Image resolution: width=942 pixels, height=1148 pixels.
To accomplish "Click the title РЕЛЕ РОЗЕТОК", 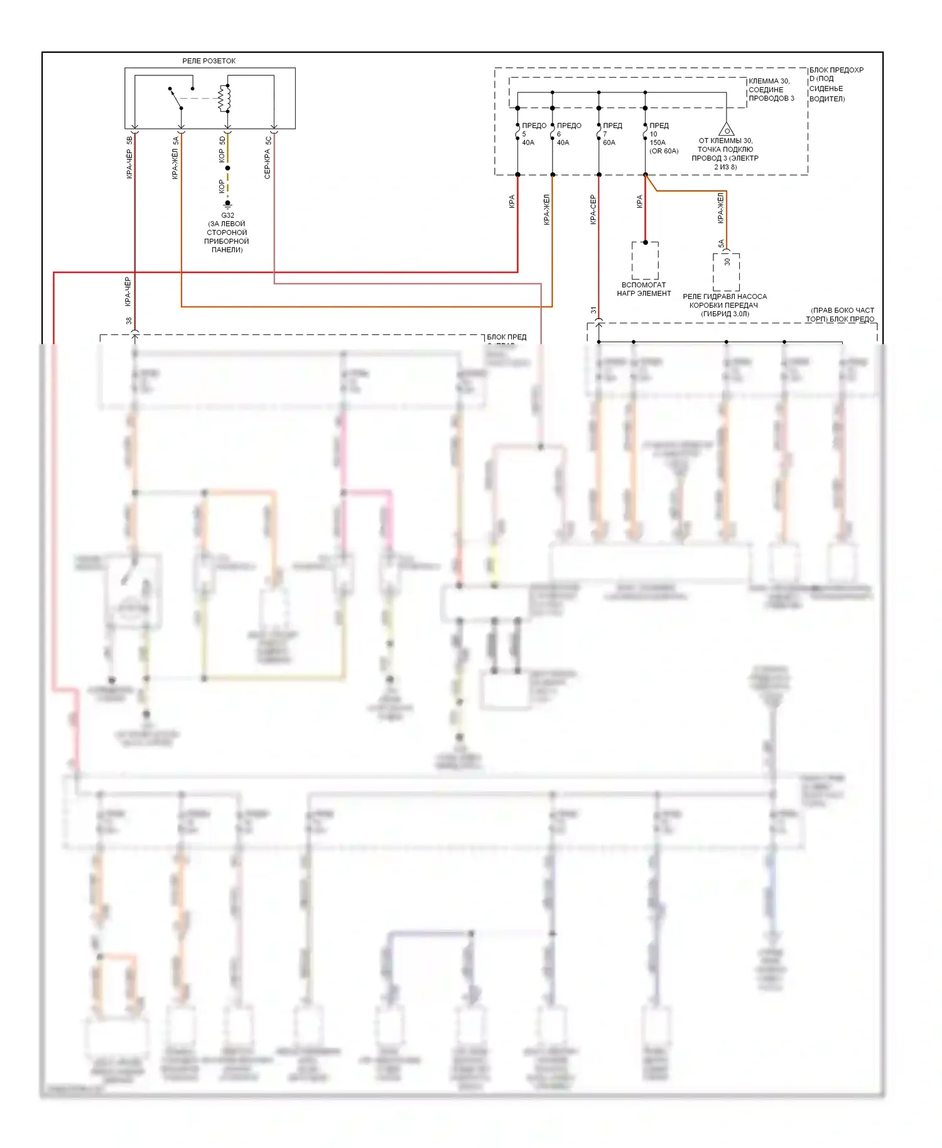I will [208, 61].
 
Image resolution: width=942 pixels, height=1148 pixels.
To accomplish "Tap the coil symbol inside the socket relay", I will [225, 97].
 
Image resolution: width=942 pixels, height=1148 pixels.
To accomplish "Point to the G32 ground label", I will [227, 215].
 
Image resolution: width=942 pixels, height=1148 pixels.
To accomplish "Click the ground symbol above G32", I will [227, 204].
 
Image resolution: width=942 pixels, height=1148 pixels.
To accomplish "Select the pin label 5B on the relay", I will [129, 140].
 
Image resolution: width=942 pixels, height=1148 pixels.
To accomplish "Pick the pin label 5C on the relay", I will [268, 140].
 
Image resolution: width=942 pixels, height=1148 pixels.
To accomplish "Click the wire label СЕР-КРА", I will [268, 164].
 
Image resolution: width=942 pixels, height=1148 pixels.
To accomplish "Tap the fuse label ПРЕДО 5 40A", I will [533, 134].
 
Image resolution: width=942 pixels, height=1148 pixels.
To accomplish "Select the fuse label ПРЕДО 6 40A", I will [568, 134].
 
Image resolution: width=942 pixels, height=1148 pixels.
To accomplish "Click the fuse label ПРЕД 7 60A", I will [612, 134].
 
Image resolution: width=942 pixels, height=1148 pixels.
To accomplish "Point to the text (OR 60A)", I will [664, 151].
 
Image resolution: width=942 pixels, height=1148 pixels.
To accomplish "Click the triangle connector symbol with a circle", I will [727, 130].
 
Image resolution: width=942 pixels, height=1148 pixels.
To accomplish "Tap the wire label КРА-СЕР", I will [593, 210].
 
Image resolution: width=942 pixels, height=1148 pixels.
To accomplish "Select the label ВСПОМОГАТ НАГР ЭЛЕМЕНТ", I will [644, 289].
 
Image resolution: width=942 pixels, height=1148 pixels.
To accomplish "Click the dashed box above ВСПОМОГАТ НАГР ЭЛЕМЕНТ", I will [645, 261].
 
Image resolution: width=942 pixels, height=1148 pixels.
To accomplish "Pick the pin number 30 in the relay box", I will [727, 262].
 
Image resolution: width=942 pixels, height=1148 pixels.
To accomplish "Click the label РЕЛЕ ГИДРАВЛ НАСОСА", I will [725, 296].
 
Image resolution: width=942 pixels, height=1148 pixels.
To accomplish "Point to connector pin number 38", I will [129, 321].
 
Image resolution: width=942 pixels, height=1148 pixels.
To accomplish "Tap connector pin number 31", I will [593, 310].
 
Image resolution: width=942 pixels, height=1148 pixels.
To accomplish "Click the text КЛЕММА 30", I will [769, 81].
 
